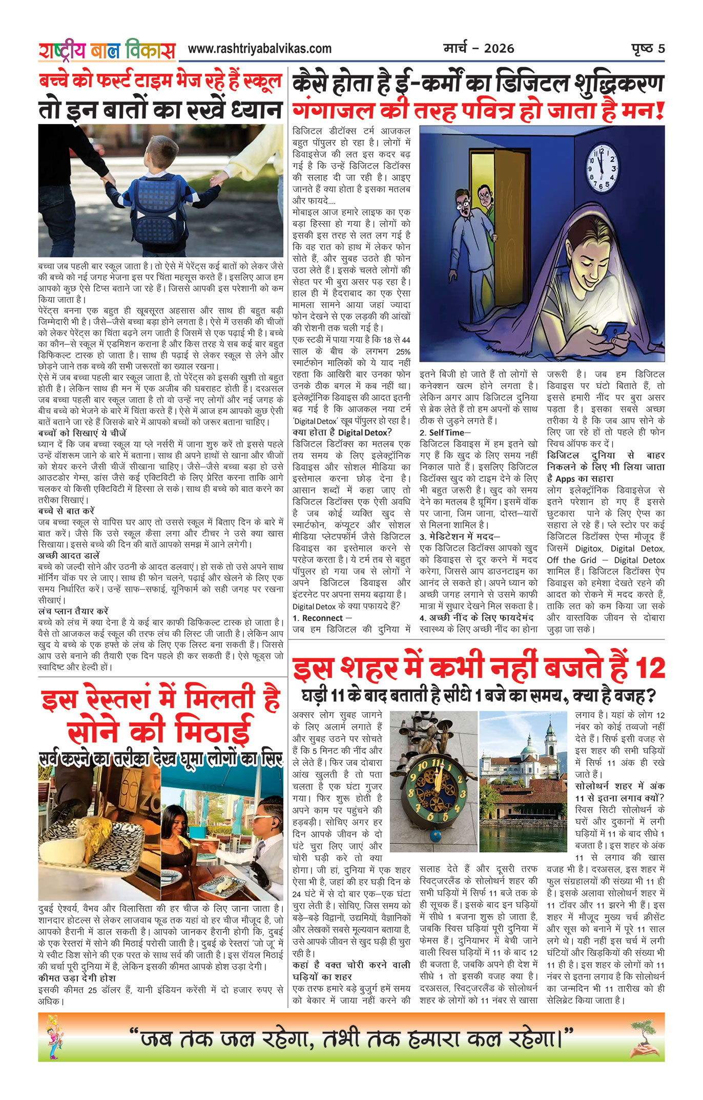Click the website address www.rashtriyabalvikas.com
point(259,49)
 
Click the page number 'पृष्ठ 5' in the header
point(648,49)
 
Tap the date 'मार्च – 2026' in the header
point(479,49)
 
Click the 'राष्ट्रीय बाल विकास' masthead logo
point(107,50)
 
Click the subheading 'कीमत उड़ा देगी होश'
point(77,978)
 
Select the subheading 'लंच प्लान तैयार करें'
point(73,611)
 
